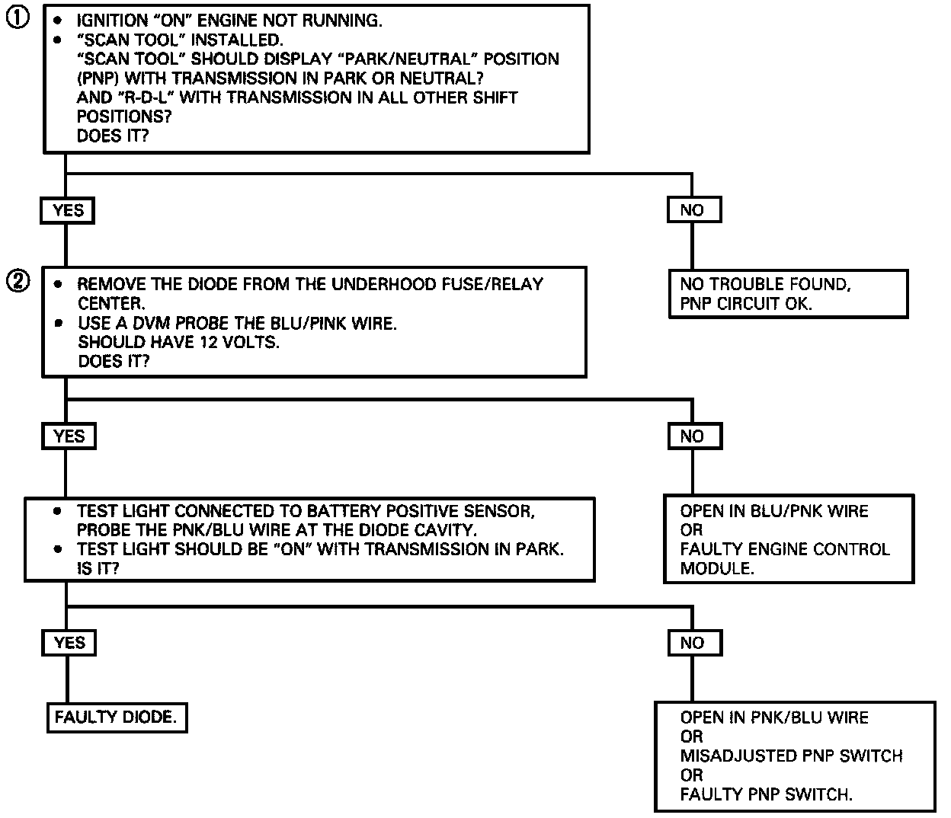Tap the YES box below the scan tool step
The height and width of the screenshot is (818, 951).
click(x=67, y=210)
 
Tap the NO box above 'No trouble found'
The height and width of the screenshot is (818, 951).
click(x=693, y=210)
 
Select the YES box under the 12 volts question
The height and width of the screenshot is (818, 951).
click(x=69, y=436)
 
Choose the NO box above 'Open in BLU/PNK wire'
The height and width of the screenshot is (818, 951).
click(x=693, y=436)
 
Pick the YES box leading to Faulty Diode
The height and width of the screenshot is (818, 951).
click(x=69, y=643)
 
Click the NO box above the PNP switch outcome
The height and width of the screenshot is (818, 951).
click(x=693, y=643)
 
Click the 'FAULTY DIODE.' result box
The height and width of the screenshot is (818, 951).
click(x=116, y=717)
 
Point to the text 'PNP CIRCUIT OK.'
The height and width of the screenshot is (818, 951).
click(x=746, y=303)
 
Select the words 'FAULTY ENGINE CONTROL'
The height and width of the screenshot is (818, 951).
click(x=785, y=549)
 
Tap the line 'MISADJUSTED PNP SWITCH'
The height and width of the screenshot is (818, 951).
click(x=791, y=756)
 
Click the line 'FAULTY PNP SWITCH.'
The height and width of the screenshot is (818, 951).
click(x=766, y=794)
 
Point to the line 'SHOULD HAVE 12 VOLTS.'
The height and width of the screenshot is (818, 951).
click(x=178, y=342)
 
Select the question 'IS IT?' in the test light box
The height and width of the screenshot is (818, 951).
click(x=98, y=568)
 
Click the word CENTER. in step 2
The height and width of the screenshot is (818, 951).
click(x=110, y=303)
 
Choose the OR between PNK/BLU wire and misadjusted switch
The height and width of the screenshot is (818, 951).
click(x=691, y=737)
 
